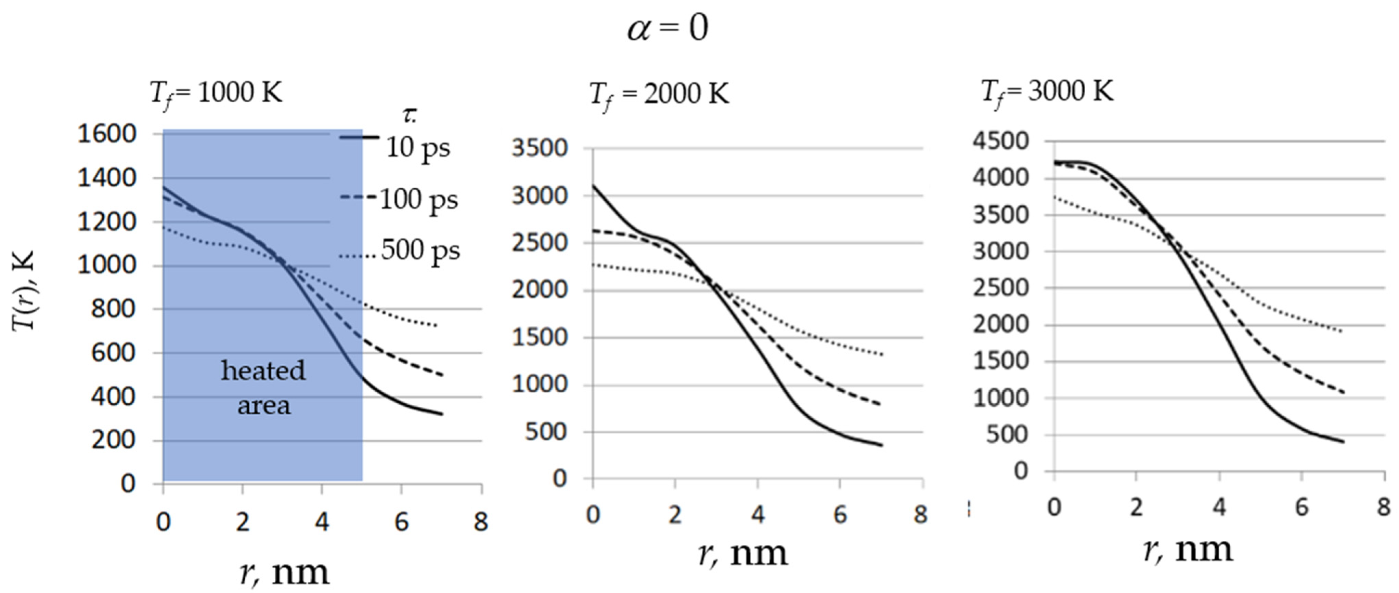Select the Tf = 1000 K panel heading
coord(216,93)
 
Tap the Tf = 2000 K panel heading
coord(659,94)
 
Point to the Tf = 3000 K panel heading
coord(1047,91)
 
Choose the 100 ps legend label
coord(418,199)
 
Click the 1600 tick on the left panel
coord(106,134)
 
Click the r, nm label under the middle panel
coord(742,553)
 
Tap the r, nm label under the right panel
coord(1188,549)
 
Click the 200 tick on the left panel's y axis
coord(114,440)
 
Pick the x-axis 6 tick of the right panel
coord(1301,507)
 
